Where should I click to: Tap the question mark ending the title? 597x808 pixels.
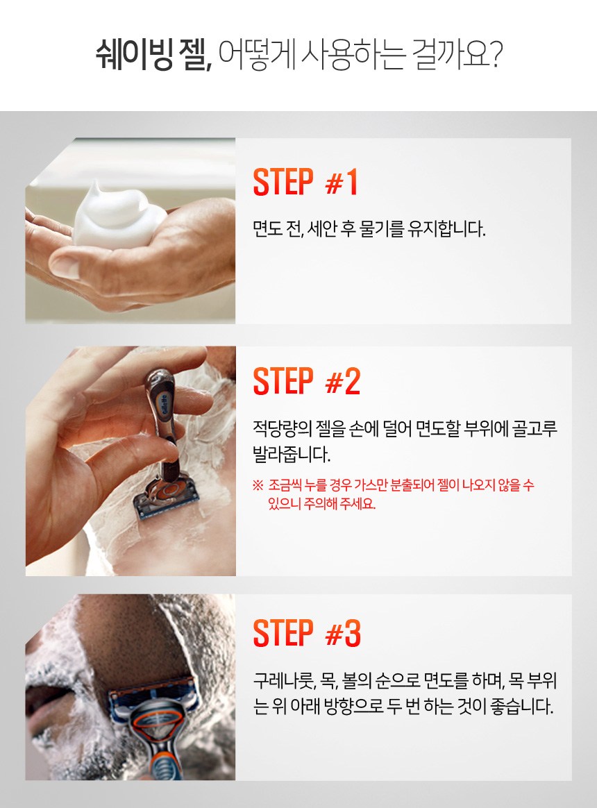point(495,53)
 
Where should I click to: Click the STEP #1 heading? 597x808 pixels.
point(305,182)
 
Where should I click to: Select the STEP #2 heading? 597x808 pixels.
point(307,381)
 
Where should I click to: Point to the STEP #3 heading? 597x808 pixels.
point(307,633)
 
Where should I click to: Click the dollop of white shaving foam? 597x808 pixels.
point(118,215)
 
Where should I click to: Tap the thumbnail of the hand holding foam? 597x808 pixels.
point(131,230)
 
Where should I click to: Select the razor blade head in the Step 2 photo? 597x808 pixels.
point(161,498)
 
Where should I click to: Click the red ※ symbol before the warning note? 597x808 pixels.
point(258,485)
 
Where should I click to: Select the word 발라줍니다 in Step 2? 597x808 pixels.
point(292,454)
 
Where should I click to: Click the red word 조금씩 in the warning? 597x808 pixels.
point(283,485)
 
